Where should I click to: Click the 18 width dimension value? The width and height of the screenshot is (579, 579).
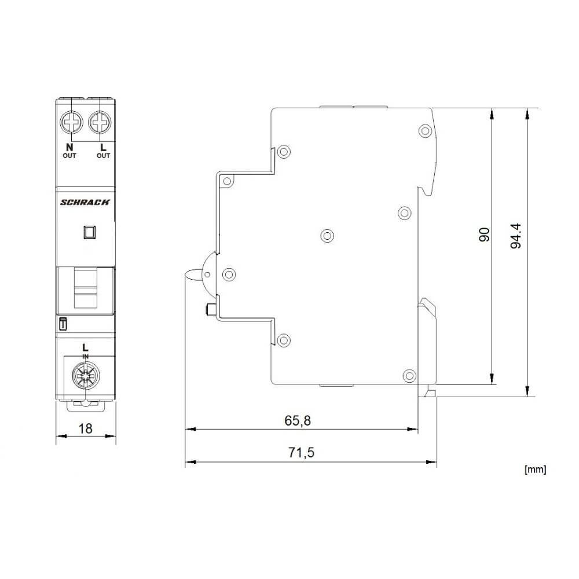[x=85, y=429]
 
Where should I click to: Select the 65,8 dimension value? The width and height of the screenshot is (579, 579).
[x=298, y=421]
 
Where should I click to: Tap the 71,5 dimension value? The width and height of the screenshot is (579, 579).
[x=301, y=453]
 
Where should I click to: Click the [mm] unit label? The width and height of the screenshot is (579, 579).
[x=534, y=470]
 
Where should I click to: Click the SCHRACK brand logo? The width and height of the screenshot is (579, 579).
[x=85, y=201]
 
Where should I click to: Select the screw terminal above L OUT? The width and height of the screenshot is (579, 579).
[x=100, y=123]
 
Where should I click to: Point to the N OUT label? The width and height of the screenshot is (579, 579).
[x=69, y=151]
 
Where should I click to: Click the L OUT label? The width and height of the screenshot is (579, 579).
[x=102, y=151]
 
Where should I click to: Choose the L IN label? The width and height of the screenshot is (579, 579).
[x=85, y=350]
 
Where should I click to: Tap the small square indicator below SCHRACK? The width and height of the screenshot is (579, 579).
[x=90, y=232]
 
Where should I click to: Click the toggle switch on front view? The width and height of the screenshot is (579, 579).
[x=85, y=288]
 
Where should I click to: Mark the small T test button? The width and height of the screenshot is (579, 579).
[x=63, y=325]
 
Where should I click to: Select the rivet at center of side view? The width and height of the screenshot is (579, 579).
[x=327, y=235]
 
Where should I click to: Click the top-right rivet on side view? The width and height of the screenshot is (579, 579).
[x=425, y=130]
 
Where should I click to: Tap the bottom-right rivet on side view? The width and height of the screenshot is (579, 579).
[x=409, y=375]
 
